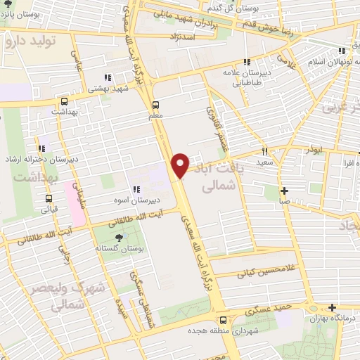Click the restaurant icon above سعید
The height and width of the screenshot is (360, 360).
coord(265,151)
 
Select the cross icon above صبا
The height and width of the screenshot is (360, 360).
coord(284,191)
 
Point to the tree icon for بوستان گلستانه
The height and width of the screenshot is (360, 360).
coord(107,238)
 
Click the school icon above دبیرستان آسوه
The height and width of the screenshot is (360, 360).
coord(136,190)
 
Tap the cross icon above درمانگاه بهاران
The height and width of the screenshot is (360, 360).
coord(332,307)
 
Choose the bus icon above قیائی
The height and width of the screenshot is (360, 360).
coord(49,198)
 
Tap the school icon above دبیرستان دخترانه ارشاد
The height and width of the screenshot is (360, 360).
coord(41,148)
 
